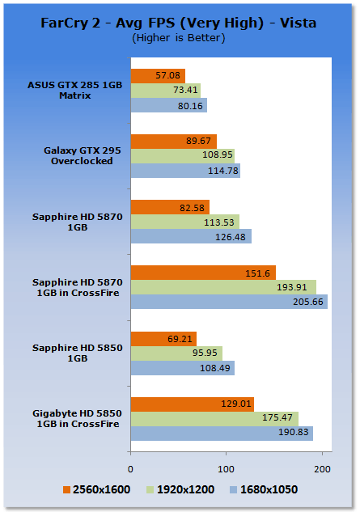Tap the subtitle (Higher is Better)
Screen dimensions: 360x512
tap(178, 38)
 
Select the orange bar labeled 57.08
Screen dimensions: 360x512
tap(158, 76)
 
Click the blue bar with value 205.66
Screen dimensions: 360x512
tap(229, 302)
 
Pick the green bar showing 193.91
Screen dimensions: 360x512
tap(223, 287)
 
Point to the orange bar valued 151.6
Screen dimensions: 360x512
tap(203, 273)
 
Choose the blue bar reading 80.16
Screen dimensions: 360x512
tap(169, 105)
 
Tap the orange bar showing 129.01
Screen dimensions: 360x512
tap(193, 404)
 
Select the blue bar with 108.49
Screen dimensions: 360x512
tap(183, 368)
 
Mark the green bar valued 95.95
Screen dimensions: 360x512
tap(176, 353)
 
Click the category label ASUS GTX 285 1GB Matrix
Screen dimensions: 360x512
tap(74, 91)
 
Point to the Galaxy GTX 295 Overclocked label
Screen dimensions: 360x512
tap(82, 156)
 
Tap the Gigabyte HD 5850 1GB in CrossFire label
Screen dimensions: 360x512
tap(78, 419)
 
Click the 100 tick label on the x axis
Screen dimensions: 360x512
tap(226, 470)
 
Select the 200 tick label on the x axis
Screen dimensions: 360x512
tap(322, 470)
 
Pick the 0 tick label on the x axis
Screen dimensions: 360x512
tap(131, 470)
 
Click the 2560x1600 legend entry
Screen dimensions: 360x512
tap(97, 490)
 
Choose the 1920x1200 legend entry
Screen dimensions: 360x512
tap(180, 490)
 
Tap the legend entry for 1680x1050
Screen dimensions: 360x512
tap(264, 490)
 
